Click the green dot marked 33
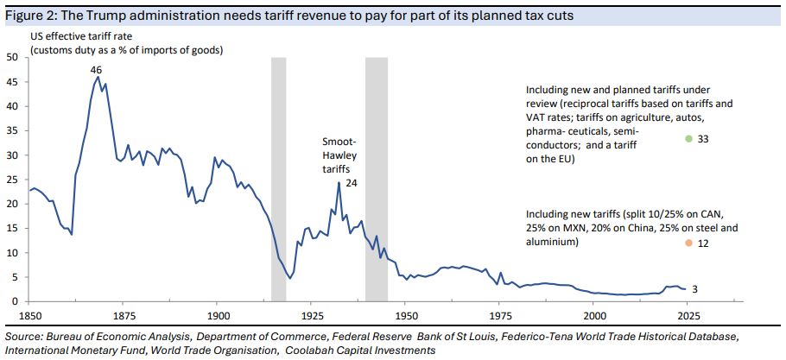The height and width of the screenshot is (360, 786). (x=688, y=139)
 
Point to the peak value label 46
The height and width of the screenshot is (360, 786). (x=97, y=69)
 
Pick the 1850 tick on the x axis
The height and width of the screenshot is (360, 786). (x=30, y=316)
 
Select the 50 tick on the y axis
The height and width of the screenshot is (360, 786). (x=12, y=57)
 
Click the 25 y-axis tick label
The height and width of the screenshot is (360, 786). (x=12, y=180)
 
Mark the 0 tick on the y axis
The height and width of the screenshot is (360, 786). (x=16, y=301)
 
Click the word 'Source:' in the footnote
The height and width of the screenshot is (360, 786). (x=24, y=335)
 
